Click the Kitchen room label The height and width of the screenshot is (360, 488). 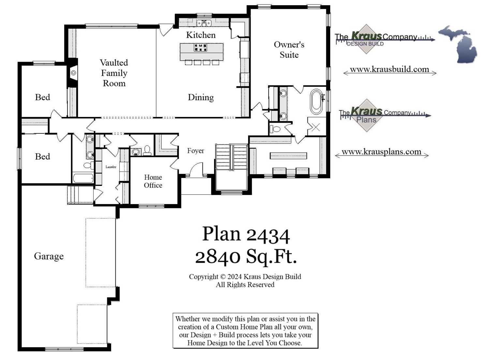200,35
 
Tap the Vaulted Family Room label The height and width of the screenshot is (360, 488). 114,73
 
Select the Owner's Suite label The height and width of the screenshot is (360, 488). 289,50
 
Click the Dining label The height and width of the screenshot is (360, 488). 200,97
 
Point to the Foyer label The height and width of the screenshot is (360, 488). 196,151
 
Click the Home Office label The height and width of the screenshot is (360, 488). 153,181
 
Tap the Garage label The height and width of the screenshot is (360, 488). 49,256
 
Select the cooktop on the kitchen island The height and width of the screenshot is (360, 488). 200,48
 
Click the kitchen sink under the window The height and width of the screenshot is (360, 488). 204,23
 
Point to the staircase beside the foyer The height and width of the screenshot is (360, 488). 231,157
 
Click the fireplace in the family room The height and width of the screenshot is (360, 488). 73,73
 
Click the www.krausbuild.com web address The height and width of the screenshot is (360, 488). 389,69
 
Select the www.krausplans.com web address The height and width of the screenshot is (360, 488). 381,152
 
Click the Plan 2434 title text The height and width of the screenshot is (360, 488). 246,234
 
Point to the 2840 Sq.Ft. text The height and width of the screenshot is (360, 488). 246,257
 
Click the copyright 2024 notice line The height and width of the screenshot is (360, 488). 245,277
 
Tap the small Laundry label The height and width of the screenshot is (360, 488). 111,167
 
